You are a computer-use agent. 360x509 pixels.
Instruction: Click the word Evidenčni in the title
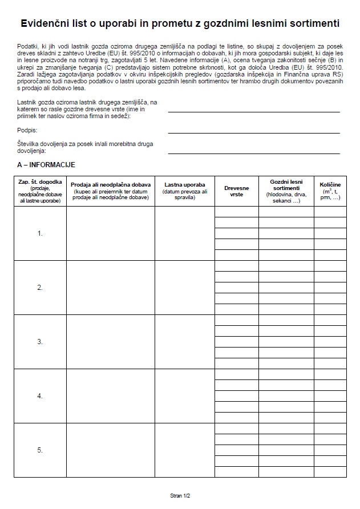coord(44,24)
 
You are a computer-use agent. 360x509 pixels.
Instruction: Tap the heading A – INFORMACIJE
coord(46,165)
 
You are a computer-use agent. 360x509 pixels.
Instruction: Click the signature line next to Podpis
coord(254,132)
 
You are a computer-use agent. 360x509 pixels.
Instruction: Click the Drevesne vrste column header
coord(237,191)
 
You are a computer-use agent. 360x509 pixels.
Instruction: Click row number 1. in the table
coord(40,233)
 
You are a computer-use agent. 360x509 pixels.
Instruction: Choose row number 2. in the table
coord(40,288)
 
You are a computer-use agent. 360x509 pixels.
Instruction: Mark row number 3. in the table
coord(40,342)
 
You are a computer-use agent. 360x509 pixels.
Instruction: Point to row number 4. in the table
coord(40,396)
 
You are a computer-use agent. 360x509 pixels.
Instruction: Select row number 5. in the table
coord(40,450)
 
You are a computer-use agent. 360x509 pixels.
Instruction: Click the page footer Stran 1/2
coord(180,496)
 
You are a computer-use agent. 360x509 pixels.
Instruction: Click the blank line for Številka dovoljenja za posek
coord(254,153)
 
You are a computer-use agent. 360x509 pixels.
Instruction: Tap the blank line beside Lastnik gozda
coord(254,111)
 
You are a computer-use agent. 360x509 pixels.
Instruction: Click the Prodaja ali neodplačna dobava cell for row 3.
coord(111,342)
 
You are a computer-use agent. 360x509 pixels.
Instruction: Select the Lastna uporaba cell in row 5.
coord(185,450)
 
